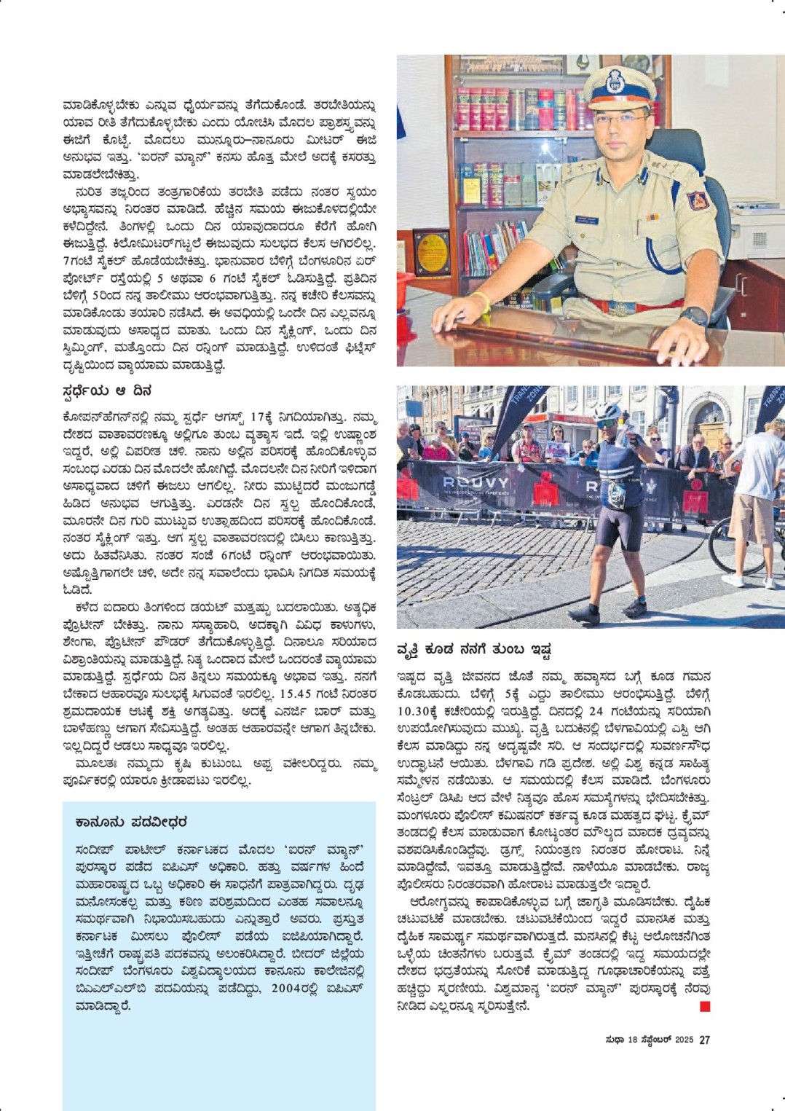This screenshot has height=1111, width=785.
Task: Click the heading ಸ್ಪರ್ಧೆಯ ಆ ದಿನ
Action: click(x=107, y=391)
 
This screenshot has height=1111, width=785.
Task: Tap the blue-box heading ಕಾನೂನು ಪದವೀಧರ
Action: click(x=131, y=822)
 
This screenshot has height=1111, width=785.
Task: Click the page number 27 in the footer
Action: click(x=704, y=1040)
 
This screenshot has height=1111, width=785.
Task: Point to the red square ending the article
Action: click(x=704, y=1007)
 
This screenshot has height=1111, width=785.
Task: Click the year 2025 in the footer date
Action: click(x=684, y=1040)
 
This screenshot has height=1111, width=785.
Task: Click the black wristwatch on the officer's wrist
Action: click(x=695, y=315)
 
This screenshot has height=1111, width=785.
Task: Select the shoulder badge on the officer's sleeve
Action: click(x=697, y=200)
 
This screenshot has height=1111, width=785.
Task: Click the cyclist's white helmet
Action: click(x=607, y=412)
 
